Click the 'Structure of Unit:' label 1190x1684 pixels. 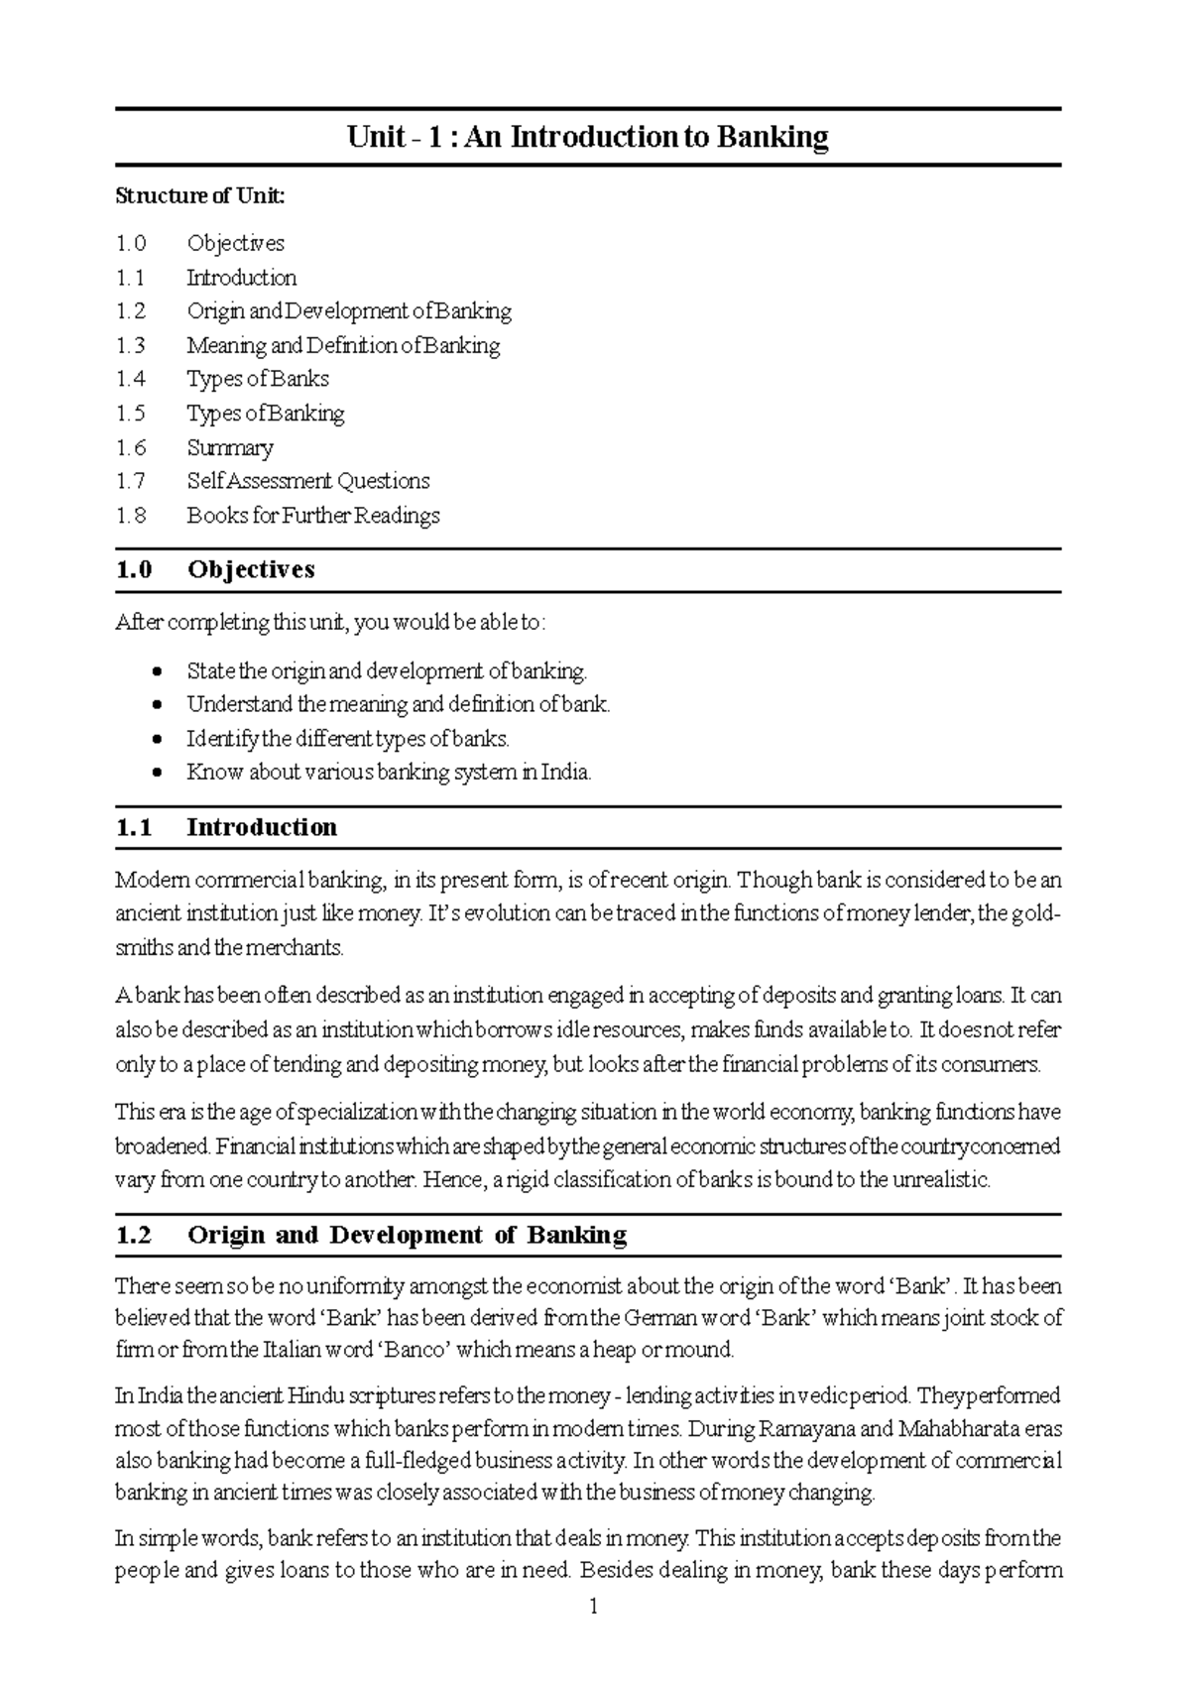(199, 195)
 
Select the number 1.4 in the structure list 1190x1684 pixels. (130, 379)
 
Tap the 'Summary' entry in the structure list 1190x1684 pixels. (229, 447)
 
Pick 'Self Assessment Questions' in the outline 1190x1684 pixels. (307, 481)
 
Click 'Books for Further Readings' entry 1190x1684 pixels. (312, 516)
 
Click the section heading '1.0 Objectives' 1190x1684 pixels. (215, 569)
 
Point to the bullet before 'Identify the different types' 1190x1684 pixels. (157, 740)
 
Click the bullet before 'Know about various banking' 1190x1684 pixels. (157, 774)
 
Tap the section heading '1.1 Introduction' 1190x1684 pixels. (226, 827)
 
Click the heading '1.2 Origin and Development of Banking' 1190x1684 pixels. (371, 1235)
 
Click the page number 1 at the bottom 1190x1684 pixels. (593, 1608)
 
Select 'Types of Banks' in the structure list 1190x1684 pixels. (257, 379)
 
